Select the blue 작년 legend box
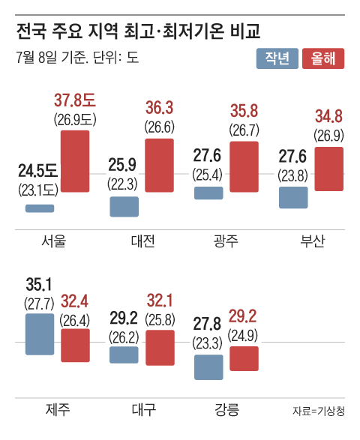click(x=278, y=59)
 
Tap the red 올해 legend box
click(x=323, y=59)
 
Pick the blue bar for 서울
click(x=40, y=208)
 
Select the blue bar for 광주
click(x=208, y=193)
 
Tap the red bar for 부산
click(x=329, y=169)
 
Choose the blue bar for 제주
click(x=40, y=334)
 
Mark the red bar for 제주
click(x=75, y=345)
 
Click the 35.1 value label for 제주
click(x=39, y=285)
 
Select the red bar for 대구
click(x=159, y=349)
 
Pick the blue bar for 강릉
click(x=208, y=367)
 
